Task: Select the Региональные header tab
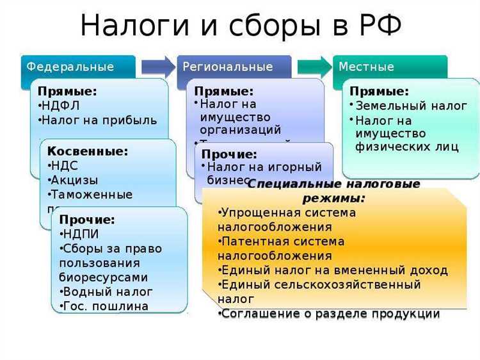point(228,67)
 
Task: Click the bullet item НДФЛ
point(60,105)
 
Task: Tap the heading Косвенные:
point(88,152)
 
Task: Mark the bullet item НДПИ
point(80,234)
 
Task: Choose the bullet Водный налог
point(107,291)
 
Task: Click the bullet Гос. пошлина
point(105,306)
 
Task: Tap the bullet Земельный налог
point(410,106)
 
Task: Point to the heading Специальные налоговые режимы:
point(333,191)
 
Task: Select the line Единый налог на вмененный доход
point(333,270)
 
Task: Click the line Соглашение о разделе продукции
point(329,313)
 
